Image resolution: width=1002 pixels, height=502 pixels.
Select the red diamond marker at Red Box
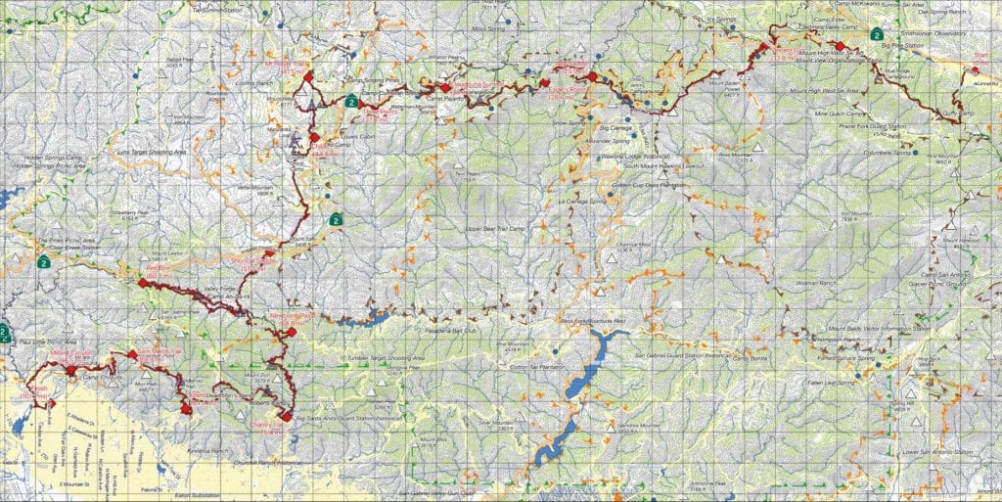click(x=143, y=283)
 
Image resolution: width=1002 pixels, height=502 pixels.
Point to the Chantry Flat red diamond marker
click(x=285, y=415)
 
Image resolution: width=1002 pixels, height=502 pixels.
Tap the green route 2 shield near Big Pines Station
click(x=878, y=34)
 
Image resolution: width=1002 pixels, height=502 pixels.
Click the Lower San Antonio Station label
click(x=934, y=452)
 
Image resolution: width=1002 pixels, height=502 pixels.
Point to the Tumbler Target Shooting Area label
click(x=386, y=359)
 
